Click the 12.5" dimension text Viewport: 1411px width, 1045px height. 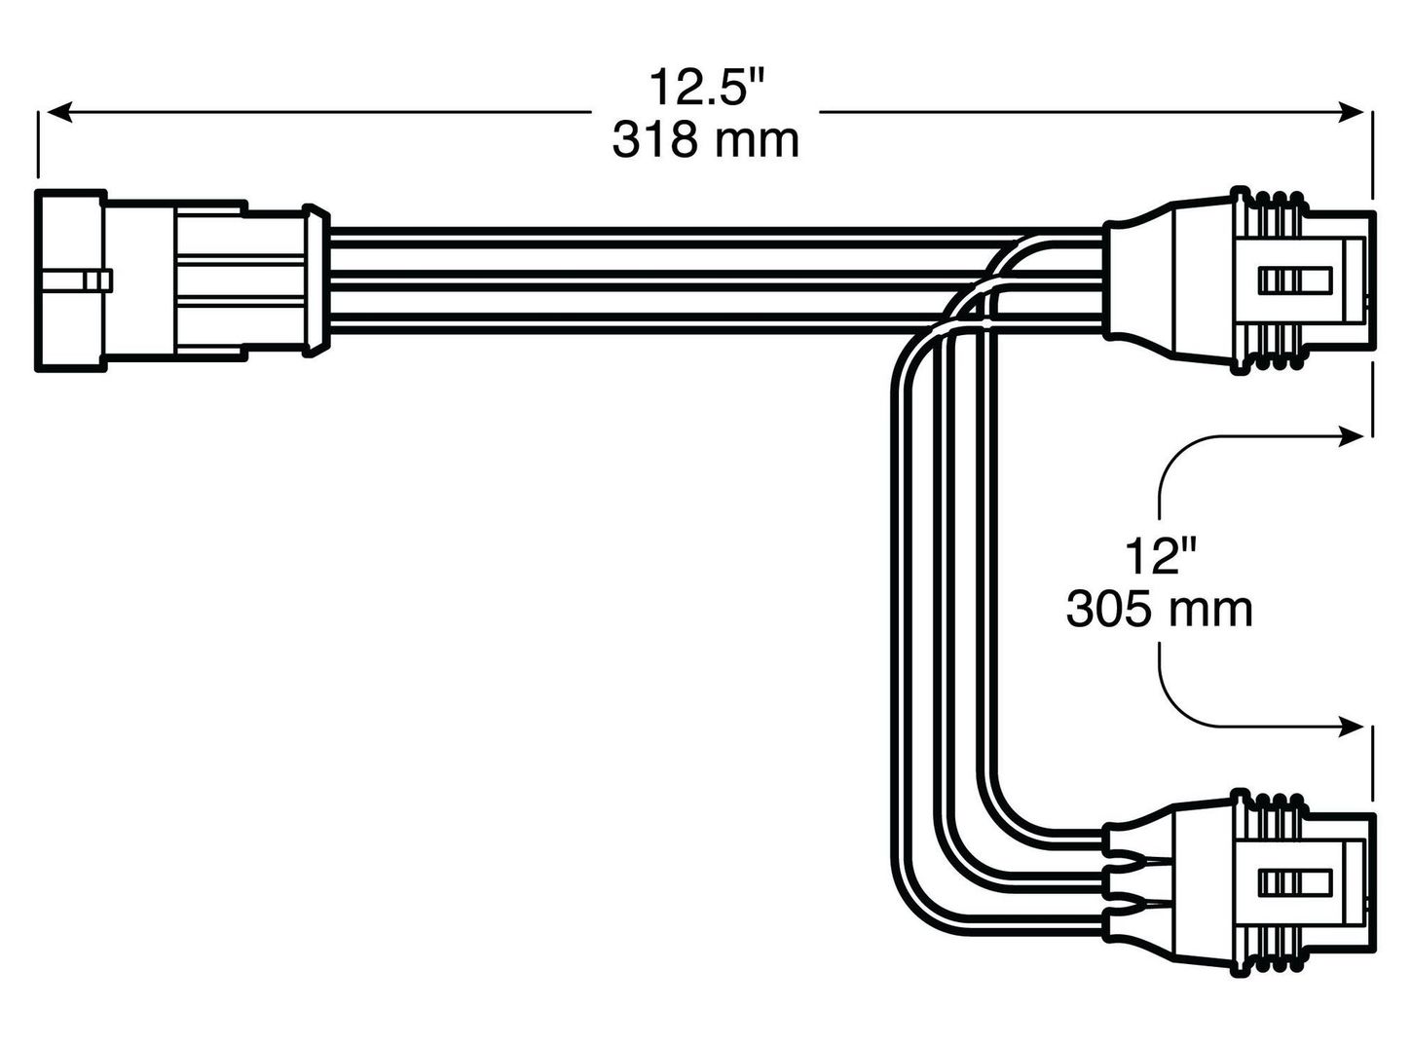[x=705, y=90]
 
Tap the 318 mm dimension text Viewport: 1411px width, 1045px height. [x=705, y=141]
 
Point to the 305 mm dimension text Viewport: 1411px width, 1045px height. [x=1160, y=611]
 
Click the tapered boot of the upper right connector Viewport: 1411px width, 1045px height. [x=1139, y=282]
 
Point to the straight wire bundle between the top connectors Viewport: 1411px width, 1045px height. [x=682, y=280]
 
